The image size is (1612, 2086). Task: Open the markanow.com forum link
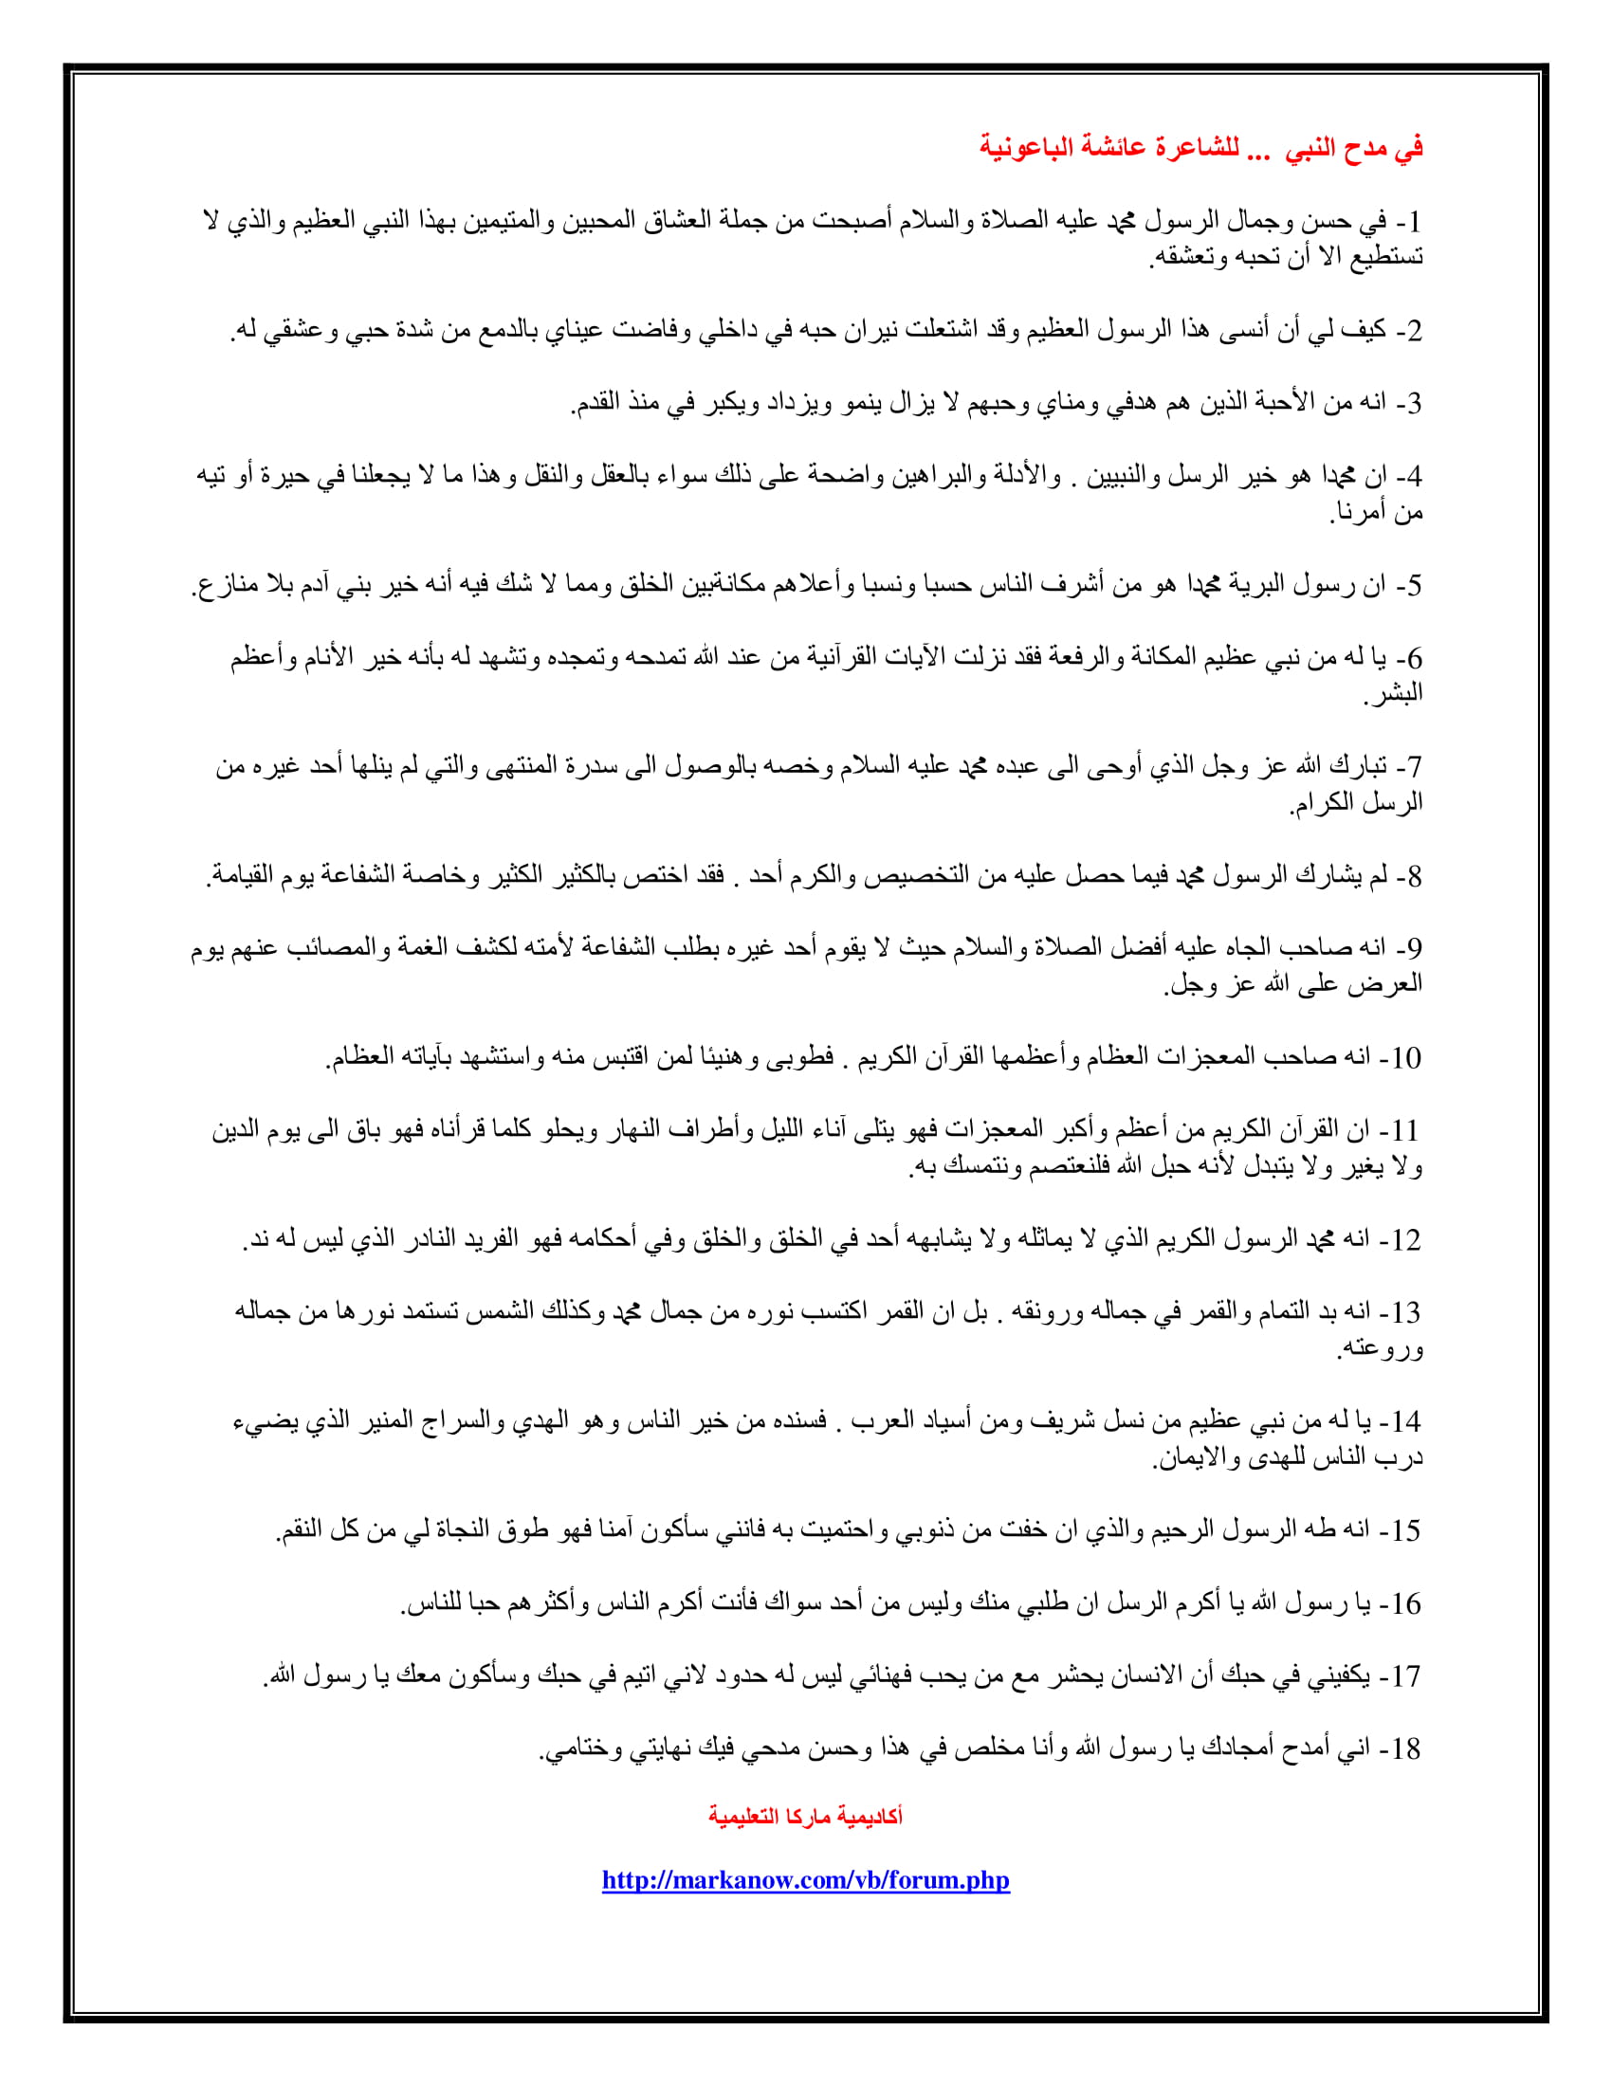tap(805, 1879)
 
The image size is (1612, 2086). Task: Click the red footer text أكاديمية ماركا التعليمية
tap(805, 1816)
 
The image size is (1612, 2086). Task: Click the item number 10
tap(1406, 1057)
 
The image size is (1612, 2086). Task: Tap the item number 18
tap(1406, 1748)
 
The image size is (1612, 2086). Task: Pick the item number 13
tap(1406, 1312)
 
